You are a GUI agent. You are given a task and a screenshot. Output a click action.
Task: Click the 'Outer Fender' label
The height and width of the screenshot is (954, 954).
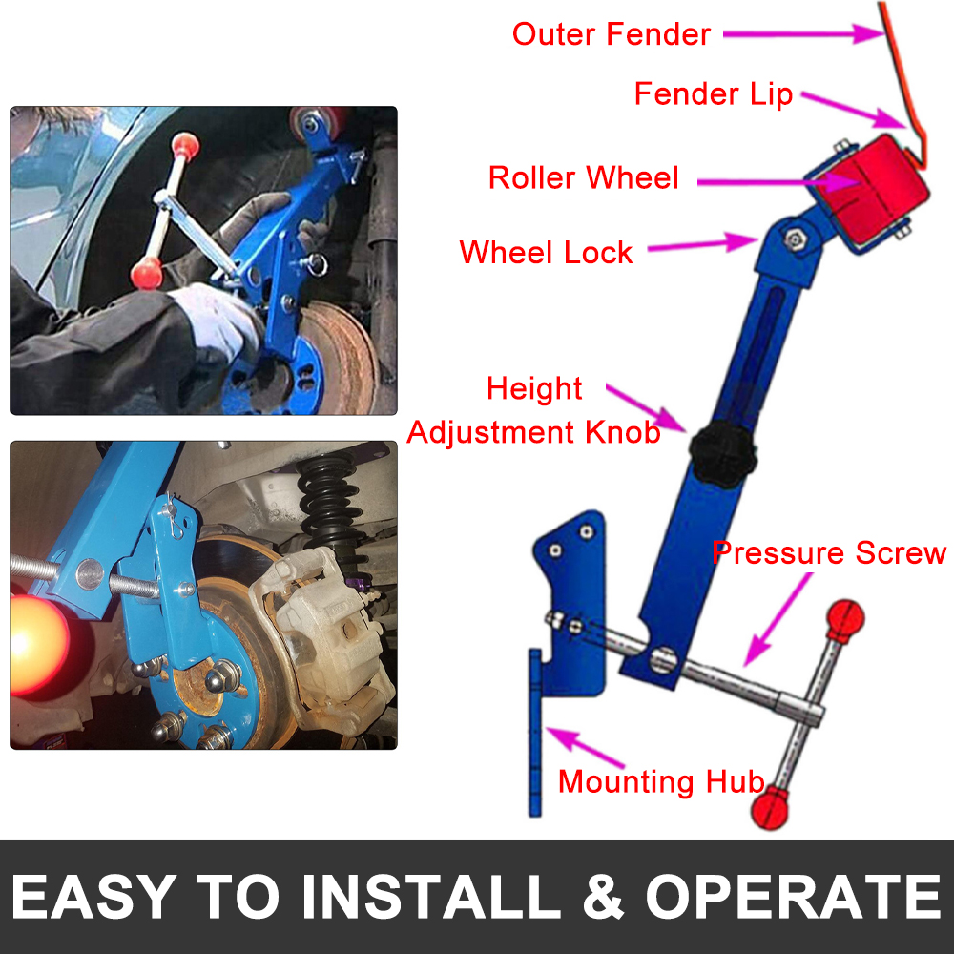coord(611,34)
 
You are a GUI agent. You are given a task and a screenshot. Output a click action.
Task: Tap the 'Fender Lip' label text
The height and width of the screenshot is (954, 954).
coord(713,94)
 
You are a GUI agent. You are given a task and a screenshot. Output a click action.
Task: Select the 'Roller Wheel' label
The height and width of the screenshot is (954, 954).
coord(583,177)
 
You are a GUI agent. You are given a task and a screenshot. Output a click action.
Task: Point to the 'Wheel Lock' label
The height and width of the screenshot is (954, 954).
coord(546,253)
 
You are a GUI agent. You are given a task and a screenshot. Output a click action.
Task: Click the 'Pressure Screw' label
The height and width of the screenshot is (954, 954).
coord(829,553)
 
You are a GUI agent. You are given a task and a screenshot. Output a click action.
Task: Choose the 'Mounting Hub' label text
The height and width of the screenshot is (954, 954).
coord(660,781)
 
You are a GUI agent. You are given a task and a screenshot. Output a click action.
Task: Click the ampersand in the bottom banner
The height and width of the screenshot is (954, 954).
coord(599,897)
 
